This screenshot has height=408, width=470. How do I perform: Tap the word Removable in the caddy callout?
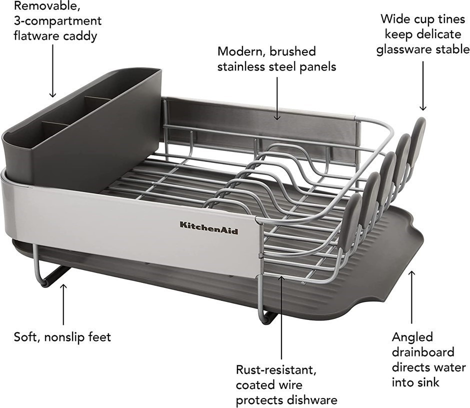click(x=47, y=5)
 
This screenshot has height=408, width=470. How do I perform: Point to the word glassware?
click(x=404, y=49)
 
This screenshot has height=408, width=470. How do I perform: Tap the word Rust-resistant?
click(x=276, y=370)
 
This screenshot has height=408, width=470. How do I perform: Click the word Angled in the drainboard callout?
click(x=412, y=337)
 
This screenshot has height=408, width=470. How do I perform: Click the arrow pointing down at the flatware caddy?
click(x=53, y=71)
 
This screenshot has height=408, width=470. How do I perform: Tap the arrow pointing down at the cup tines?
click(x=423, y=86)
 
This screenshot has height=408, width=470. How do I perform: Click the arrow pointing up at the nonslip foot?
click(x=63, y=304)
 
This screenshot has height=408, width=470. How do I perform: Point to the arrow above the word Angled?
click(x=412, y=297)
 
